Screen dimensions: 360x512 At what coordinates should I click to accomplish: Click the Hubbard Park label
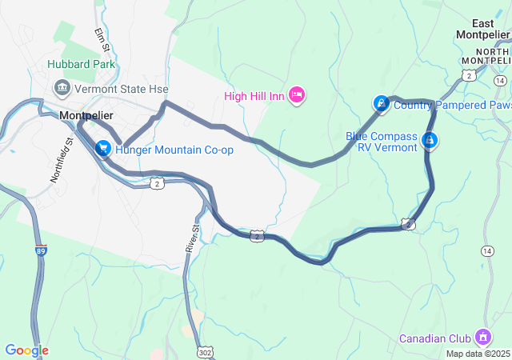coord(81,64)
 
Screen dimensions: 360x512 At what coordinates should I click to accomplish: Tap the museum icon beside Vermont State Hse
coord(61,86)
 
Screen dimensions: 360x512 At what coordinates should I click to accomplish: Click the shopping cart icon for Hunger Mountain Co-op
coord(103,149)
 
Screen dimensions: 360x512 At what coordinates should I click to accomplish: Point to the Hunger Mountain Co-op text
coord(174,150)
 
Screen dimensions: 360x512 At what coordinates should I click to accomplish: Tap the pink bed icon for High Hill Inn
coord(297,96)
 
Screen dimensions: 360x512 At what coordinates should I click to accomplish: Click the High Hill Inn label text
coord(254,97)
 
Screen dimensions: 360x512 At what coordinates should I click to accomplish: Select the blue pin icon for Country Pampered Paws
coord(382,104)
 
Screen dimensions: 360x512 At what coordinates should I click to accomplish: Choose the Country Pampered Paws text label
coord(452,105)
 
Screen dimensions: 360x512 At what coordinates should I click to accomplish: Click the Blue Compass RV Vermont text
coord(382,142)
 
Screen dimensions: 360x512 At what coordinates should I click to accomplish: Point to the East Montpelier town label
coord(483,29)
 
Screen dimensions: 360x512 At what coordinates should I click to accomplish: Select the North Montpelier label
coord(487,55)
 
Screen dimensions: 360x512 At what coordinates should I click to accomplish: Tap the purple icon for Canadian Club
coord(482,336)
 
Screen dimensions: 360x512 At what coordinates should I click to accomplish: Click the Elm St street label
coord(101,38)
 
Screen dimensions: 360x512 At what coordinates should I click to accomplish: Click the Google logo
coord(26,350)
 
